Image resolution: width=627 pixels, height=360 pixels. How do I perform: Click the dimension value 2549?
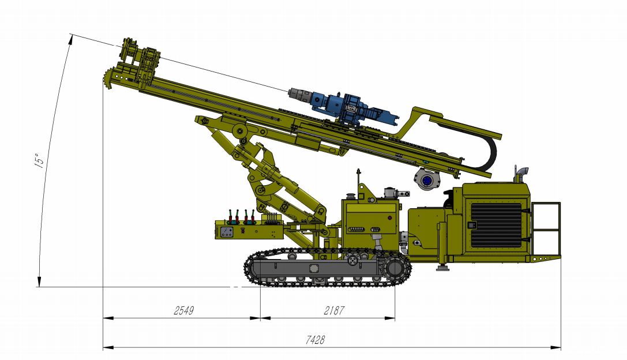click(184, 310)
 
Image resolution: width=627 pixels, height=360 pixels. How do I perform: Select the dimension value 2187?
click(334, 310)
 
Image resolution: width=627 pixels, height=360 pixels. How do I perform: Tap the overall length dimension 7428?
click(315, 340)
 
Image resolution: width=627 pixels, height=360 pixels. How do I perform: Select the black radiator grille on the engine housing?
click(496, 225)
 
